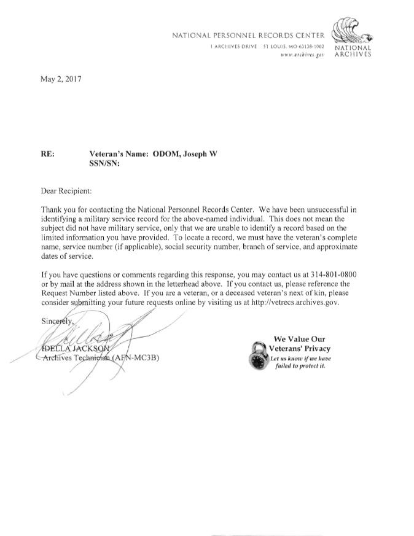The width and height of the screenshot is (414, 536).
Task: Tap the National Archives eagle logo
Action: [x=349, y=29]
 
